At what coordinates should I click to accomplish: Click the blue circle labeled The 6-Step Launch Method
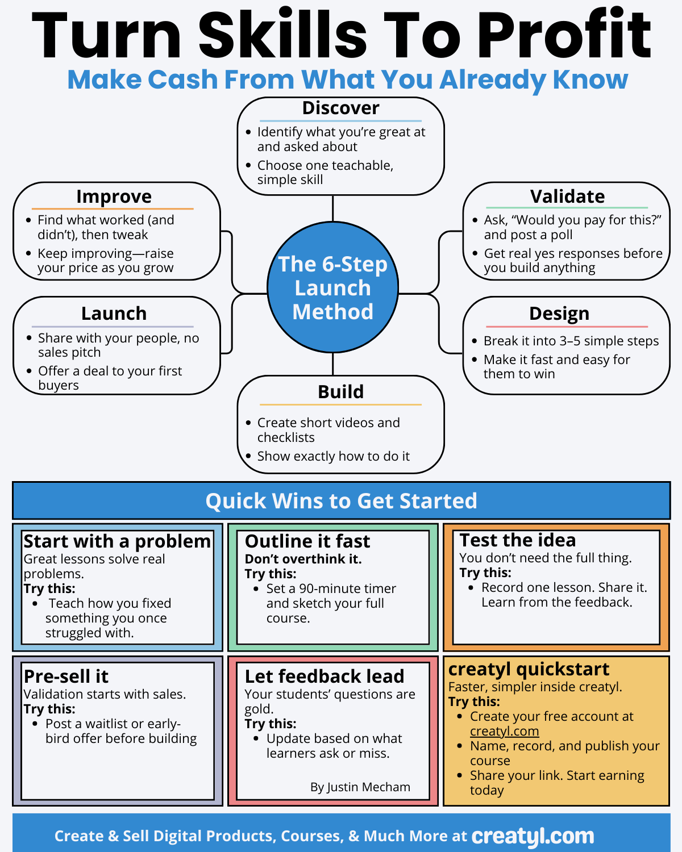[332, 287]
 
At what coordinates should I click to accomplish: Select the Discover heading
[340, 108]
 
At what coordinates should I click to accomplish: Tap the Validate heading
[567, 197]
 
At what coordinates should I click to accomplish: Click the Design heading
[559, 314]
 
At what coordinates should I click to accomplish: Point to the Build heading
[340, 392]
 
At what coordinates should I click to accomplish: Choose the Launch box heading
[114, 314]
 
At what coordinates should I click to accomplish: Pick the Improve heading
[114, 197]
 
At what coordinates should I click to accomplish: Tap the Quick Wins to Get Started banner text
[341, 501]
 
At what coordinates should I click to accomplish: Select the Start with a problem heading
[117, 541]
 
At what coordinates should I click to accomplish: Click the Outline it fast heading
[307, 541]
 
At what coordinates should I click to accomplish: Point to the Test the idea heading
[517, 540]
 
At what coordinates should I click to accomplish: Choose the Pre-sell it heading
[66, 676]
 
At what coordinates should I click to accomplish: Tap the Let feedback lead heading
[325, 676]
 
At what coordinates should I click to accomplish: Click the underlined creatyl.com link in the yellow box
[504, 732]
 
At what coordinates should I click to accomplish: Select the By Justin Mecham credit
[360, 787]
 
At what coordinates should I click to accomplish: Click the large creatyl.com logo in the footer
[533, 836]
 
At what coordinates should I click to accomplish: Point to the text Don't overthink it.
[303, 559]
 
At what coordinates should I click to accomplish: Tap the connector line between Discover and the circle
[333, 208]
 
